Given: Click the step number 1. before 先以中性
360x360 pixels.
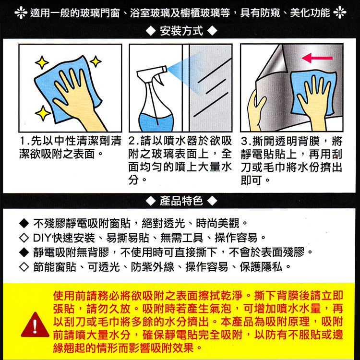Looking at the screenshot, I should pos(23,142).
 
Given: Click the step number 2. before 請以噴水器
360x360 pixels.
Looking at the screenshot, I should pos(133,142).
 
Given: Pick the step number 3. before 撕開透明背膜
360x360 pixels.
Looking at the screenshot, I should pos(245,142).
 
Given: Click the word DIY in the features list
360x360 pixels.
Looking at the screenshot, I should pos(42,237).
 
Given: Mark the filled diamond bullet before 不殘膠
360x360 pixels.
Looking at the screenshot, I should pos(23,223).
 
